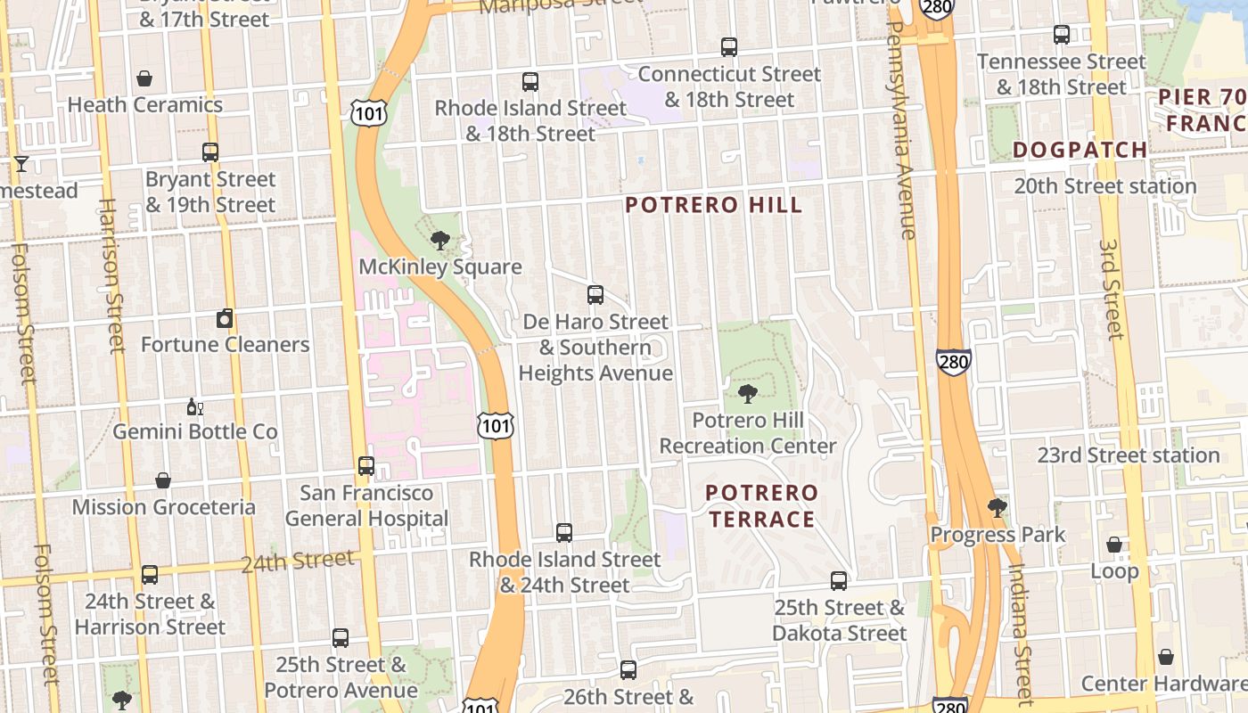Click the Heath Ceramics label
pyautogui.click(x=144, y=105)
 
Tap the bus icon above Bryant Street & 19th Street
pyautogui.click(x=210, y=152)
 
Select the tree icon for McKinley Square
pyautogui.click(x=439, y=240)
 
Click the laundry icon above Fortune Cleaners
pyautogui.click(x=225, y=318)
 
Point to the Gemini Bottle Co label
pyautogui.click(x=194, y=432)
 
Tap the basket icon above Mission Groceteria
pyautogui.click(x=163, y=481)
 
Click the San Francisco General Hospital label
pyautogui.click(x=366, y=505)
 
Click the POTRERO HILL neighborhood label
pyautogui.click(x=713, y=206)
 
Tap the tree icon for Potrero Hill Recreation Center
pyautogui.click(x=748, y=394)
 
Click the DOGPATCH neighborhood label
pyautogui.click(x=1080, y=150)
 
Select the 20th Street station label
pyautogui.click(x=1105, y=186)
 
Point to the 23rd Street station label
pyautogui.click(x=1128, y=455)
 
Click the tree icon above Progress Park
pyautogui.click(x=998, y=508)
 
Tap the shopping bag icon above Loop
pyautogui.click(x=1114, y=545)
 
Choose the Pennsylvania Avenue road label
pyautogui.click(x=902, y=129)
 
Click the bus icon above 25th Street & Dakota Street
pyautogui.click(x=839, y=581)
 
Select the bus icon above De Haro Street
pyautogui.click(x=595, y=295)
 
